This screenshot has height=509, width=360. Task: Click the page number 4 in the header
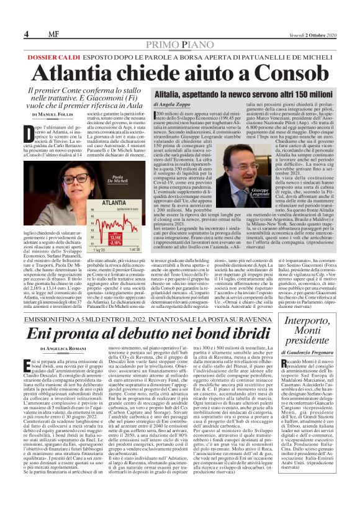coord(27,33)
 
